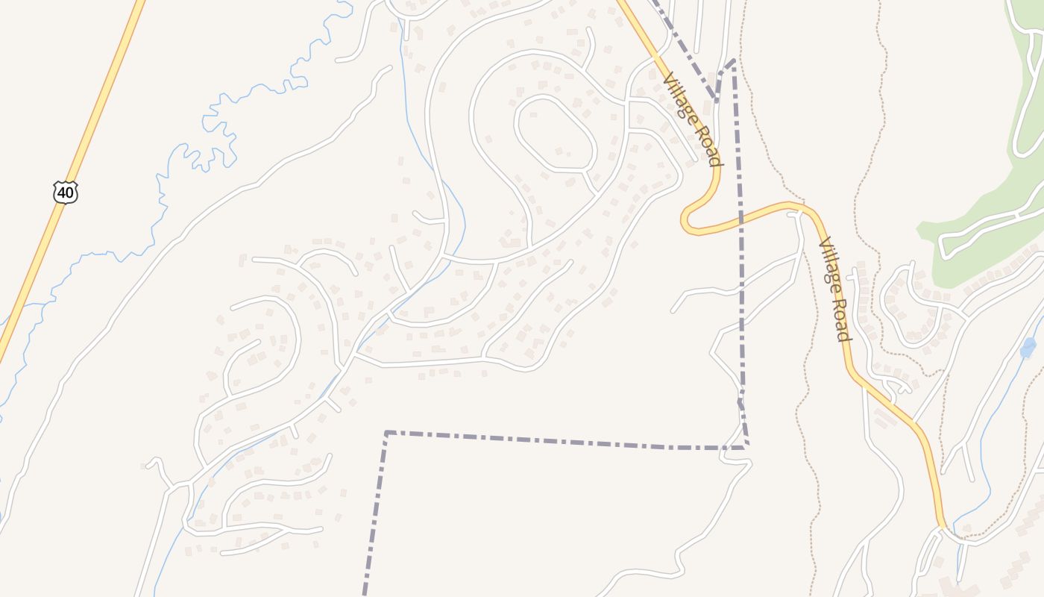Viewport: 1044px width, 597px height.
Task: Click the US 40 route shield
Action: pos(66,193)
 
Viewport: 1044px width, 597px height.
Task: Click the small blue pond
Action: pos(1028,348)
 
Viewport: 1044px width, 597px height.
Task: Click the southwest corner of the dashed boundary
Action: pos(386,432)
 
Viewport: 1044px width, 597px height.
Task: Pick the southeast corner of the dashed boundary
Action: pos(747,447)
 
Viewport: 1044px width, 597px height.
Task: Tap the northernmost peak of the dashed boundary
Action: pos(734,60)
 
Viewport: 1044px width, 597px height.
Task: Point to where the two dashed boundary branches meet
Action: pos(717,99)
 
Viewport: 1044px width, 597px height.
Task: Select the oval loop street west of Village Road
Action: pos(555,134)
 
